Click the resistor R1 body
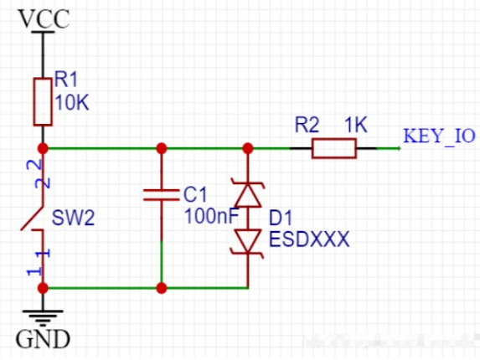pos(43,100)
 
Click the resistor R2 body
pos(334,149)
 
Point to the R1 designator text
pos(66,80)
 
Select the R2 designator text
pos(307,126)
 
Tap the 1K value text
pos(356,126)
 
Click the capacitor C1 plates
pos(161,195)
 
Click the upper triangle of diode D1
pos(247,196)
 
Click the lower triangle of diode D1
pos(247,241)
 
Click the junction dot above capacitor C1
pos(161,148)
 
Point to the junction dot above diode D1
pos(247,148)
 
